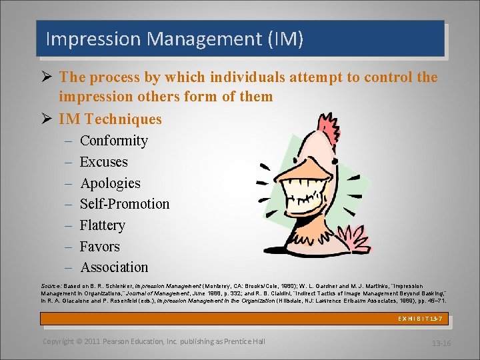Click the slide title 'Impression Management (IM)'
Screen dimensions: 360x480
click(174, 39)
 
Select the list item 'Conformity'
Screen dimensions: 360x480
click(113, 141)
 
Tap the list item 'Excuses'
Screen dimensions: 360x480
click(103, 162)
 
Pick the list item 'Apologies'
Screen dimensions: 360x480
click(110, 183)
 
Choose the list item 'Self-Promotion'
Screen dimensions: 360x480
click(125, 204)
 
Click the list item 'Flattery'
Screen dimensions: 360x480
click(102, 225)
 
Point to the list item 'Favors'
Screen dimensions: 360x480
click(99, 247)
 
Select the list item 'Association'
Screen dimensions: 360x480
click(114, 267)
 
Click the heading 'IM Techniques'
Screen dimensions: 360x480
click(110, 119)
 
